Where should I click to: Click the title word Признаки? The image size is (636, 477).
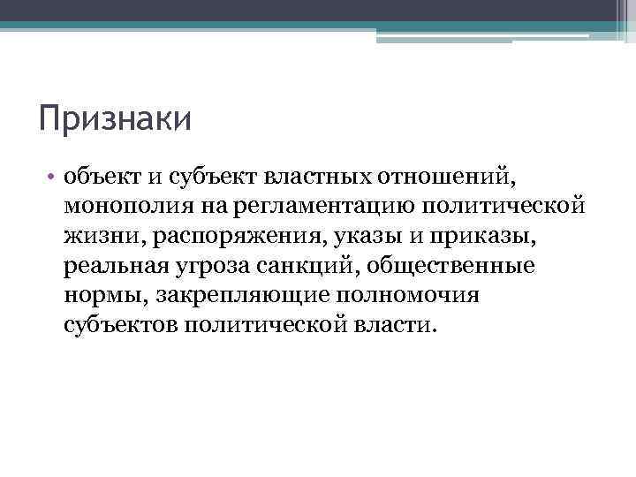point(115,119)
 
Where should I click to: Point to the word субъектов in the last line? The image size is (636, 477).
point(121,324)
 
